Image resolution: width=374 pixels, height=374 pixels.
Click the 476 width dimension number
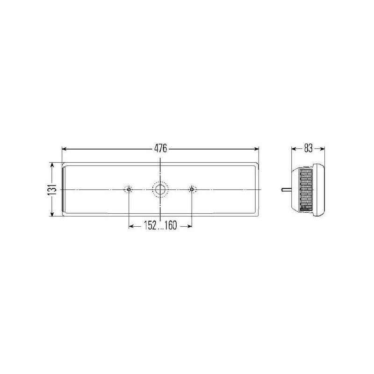[160, 148]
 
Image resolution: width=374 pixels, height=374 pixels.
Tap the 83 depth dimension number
[308, 148]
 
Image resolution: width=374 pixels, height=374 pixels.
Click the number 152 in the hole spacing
[150, 225]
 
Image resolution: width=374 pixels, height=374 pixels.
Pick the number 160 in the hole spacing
[171, 225]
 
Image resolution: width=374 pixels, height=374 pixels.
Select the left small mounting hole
[129, 190]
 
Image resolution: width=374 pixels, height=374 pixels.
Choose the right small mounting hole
[192, 190]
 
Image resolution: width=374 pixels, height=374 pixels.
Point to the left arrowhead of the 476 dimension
[64, 149]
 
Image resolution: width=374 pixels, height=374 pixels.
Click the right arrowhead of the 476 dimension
[257, 149]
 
